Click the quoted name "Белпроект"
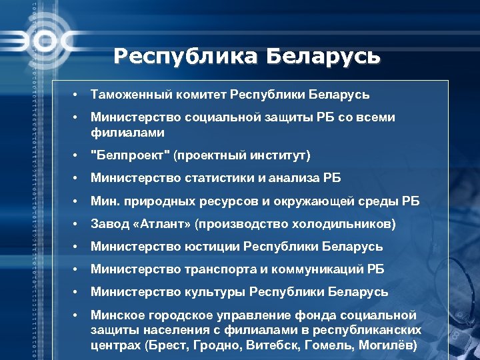point(130,155)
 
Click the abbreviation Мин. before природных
point(104,201)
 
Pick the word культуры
point(213,293)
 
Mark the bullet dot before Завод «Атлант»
point(77,224)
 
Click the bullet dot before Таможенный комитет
point(77,95)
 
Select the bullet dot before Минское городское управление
point(77,315)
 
